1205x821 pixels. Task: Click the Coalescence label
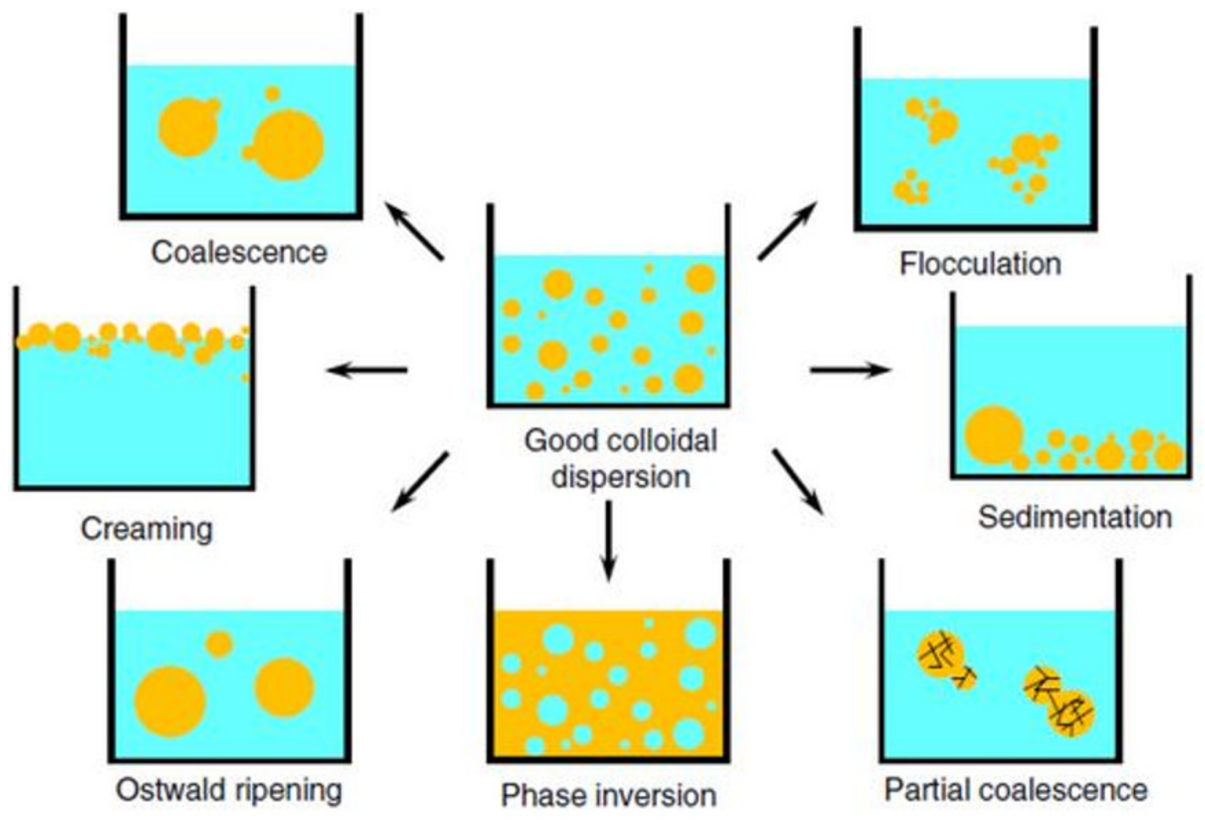[x=239, y=253]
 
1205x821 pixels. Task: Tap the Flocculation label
[x=980, y=264]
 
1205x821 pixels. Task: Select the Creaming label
[x=147, y=529]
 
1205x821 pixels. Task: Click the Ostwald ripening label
[x=229, y=790]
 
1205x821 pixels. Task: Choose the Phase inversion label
[x=609, y=796]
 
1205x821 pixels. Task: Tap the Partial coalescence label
[x=1015, y=790]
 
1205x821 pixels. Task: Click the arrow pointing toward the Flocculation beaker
[x=787, y=231]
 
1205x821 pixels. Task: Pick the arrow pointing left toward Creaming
[x=367, y=370]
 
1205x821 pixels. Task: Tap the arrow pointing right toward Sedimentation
[x=850, y=370]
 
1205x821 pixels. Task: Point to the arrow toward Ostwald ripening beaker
[x=419, y=482]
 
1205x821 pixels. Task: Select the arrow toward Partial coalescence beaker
[x=799, y=482]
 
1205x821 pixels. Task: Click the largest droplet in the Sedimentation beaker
[x=994, y=435]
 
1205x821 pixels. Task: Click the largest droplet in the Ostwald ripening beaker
[x=170, y=702]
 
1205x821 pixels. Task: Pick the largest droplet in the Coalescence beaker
[x=288, y=145]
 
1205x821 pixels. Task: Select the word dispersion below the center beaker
[x=621, y=477]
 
